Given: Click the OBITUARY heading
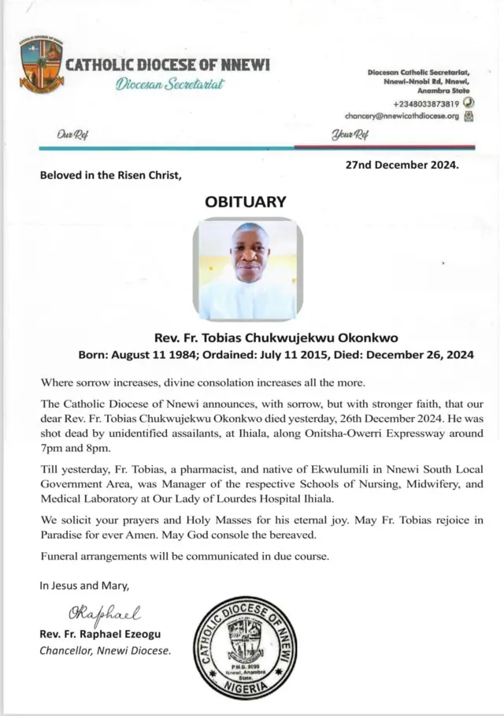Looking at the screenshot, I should tap(245, 202).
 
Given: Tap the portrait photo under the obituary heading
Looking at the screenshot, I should tap(247, 270).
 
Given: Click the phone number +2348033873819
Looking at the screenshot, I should tap(426, 103).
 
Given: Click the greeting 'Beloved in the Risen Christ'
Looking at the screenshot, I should tap(111, 176).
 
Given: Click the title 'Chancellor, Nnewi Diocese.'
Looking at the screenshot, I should tap(105, 651).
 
